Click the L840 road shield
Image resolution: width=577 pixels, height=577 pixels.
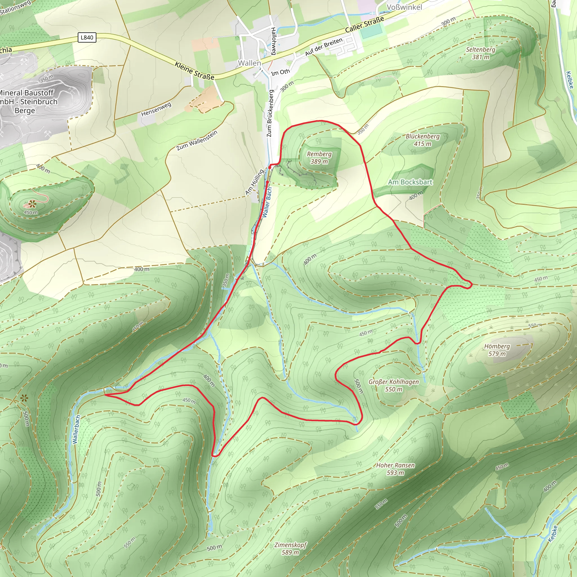click(87, 37)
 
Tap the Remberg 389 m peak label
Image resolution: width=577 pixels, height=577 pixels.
click(319, 158)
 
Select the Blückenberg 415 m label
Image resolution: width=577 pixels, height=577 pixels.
click(423, 140)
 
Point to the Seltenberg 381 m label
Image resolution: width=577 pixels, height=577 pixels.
click(481, 53)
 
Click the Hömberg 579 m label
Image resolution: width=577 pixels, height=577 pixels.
click(497, 350)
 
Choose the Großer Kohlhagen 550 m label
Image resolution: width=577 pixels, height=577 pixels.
click(394, 385)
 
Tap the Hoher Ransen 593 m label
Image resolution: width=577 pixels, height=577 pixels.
click(395, 469)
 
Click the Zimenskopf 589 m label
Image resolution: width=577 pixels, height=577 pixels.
click(290, 549)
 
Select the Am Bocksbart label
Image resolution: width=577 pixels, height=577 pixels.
click(410, 182)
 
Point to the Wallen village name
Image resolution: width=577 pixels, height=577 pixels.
click(249, 63)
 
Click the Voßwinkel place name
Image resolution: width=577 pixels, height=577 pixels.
click(404, 7)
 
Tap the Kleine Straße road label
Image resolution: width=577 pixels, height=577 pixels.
click(194, 71)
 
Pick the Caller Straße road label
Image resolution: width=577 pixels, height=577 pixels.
click(364, 25)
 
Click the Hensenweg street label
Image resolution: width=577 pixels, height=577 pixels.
click(156, 109)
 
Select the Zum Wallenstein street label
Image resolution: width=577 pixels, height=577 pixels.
click(197, 141)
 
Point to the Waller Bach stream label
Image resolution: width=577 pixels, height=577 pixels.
click(267, 202)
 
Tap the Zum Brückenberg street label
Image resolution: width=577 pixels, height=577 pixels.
click(270, 114)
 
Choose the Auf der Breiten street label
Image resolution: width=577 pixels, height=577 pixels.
click(324, 47)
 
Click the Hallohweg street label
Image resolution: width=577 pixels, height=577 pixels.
click(273, 41)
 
